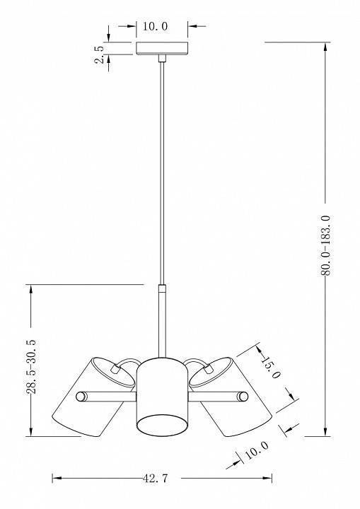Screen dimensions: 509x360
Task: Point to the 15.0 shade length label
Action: pos(268,368)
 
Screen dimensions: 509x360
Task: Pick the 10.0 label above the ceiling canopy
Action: pos(155,26)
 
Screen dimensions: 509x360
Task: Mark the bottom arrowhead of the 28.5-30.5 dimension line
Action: pos(32,433)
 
